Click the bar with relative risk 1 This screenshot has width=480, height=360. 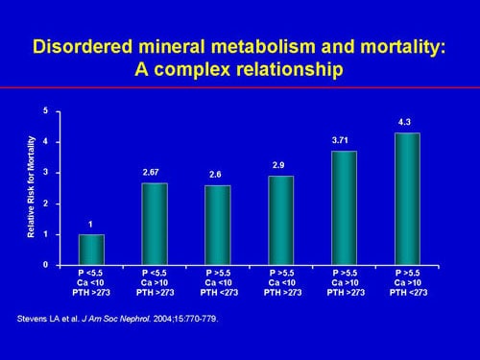(x=91, y=249)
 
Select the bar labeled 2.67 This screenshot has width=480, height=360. (x=154, y=223)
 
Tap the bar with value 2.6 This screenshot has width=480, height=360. (x=218, y=225)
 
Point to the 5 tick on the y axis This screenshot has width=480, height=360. (x=45, y=112)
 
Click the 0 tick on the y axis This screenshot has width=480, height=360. (x=45, y=265)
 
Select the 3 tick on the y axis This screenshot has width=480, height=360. (x=45, y=173)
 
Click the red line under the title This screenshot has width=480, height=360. (x=240, y=88)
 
